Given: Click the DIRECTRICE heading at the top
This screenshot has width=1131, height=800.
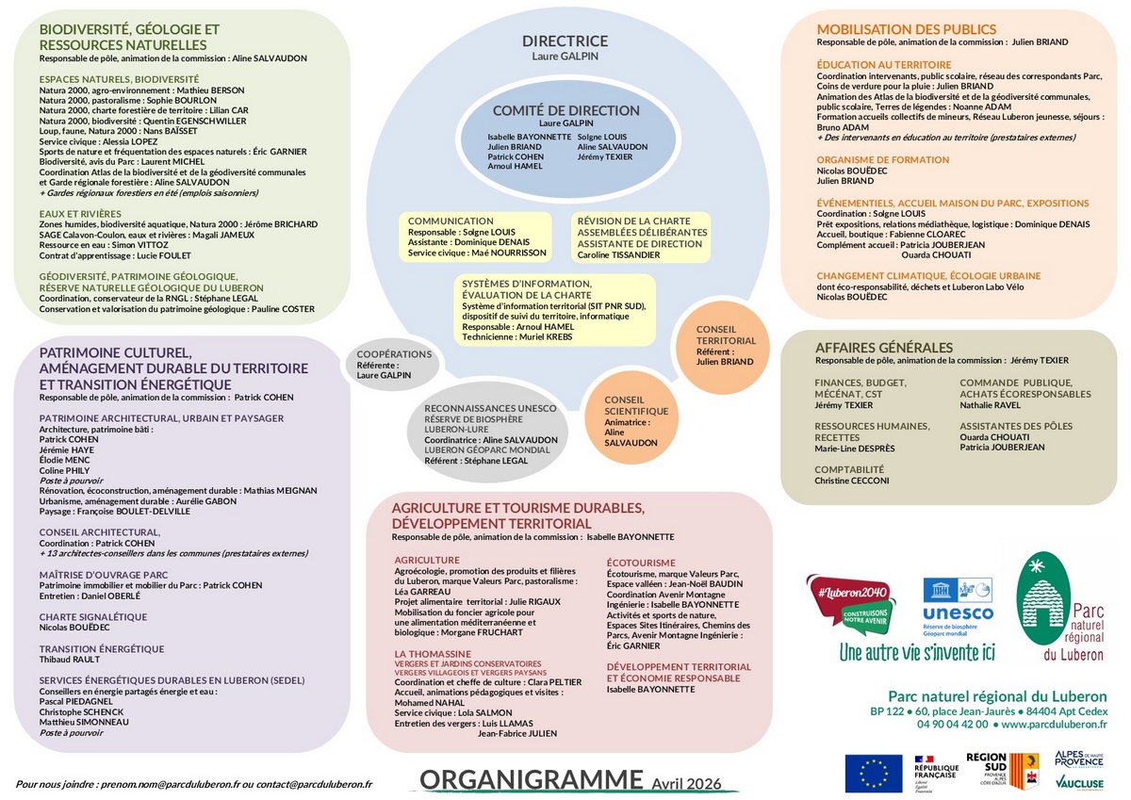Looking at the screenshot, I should [565, 41].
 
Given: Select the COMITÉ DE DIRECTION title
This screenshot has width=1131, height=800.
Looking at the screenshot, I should [566, 110].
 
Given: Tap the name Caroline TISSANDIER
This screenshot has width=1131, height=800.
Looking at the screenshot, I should [618, 254].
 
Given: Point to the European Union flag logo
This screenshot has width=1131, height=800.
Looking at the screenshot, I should [873, 772].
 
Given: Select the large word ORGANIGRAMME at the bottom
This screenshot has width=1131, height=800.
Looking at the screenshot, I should [531, 780].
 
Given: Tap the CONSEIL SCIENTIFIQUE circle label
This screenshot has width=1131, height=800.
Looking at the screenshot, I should [636, 405].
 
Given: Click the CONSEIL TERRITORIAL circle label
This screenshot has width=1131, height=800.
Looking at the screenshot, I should [725, 335].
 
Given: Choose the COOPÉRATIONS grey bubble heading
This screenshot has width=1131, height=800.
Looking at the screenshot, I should [394, 354].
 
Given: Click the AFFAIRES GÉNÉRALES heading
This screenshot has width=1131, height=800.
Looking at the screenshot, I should [883, 348].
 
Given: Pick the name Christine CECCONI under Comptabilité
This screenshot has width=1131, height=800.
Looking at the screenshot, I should [851, 481].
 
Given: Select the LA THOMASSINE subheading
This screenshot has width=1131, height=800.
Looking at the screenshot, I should [433, 653].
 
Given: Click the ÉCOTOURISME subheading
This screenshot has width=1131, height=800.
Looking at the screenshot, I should [641, 563].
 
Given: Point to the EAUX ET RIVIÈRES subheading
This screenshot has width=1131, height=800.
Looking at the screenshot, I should [80, 214].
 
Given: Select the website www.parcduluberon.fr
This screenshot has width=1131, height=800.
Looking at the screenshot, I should [1053, 725].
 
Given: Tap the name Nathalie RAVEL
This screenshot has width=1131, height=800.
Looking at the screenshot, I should [990, 405].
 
